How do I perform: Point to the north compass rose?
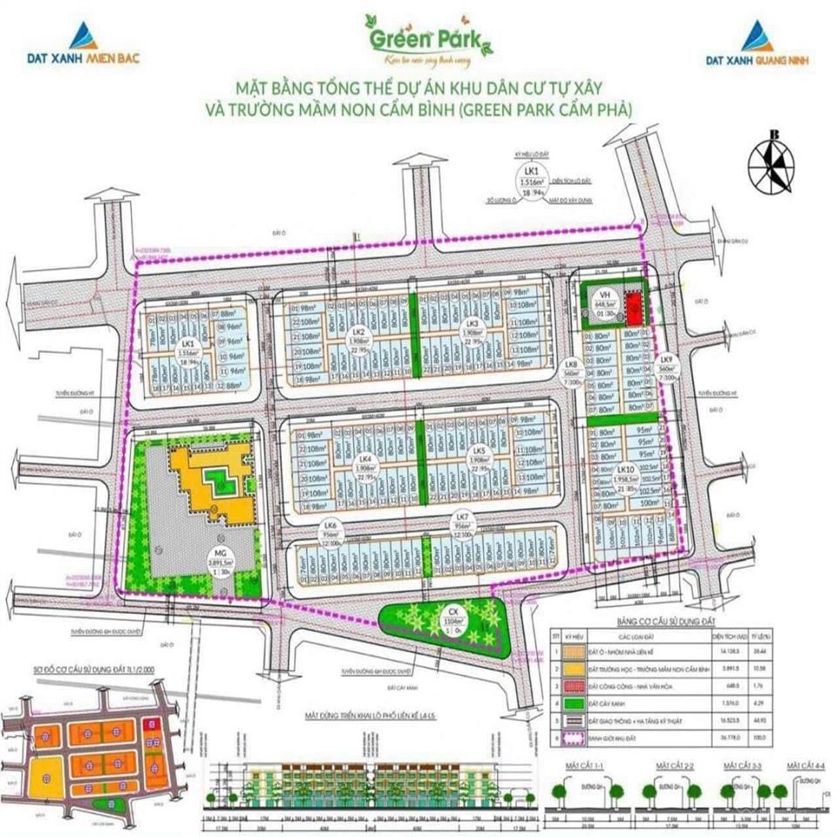770,164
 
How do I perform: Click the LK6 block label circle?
330,531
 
